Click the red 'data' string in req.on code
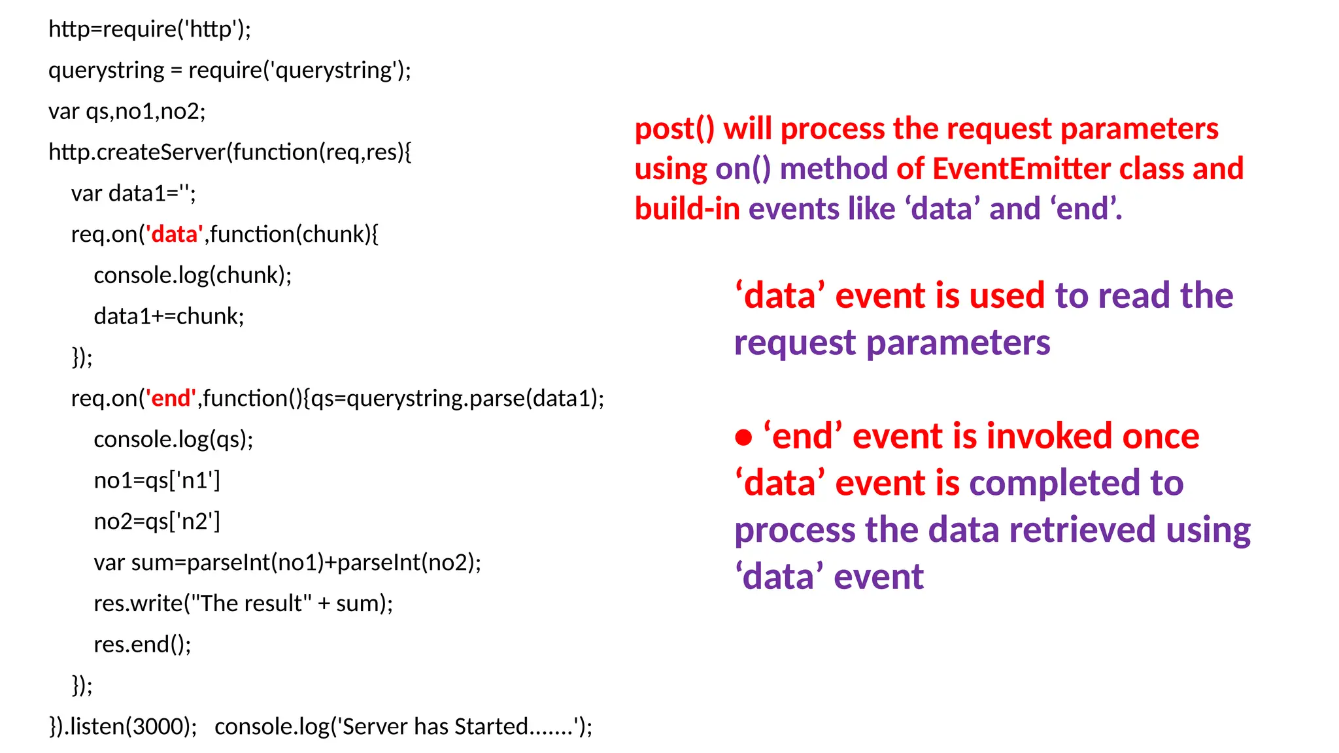coord(174,234)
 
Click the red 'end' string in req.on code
coord(171,398)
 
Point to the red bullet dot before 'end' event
coord(743,437)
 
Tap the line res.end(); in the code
coord(143,644)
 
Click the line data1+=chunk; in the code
coord(169,316)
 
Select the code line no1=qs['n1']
coord(157,480)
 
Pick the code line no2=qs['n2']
coord(157,522)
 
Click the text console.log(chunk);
coord(193,275)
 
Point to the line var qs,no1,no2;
coord(127,111)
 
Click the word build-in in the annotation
coord(687,209)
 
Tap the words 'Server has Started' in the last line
coord(434,726)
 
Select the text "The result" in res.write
coord(248,603)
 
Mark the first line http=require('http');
coord(150,29)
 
